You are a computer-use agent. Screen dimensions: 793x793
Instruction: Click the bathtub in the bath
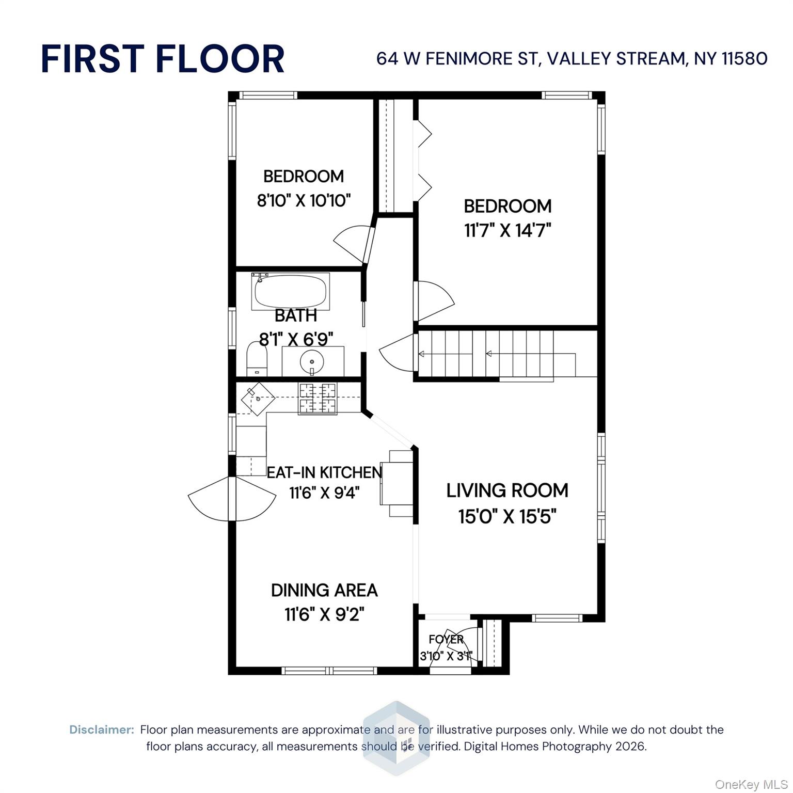(x=290, y=292)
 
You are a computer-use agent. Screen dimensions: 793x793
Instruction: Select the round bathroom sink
(x=312, y=361)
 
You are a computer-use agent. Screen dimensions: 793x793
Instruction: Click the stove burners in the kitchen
(x=318, y=399)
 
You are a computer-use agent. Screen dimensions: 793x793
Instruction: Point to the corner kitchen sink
(x=258, y=399)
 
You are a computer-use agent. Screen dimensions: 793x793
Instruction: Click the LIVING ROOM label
(x=507, y=490)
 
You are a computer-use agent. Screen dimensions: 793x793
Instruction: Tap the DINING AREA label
(x=324, y=590)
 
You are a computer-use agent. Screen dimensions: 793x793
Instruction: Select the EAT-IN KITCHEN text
(x=324, y=472)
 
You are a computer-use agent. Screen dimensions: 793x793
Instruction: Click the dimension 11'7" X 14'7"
(x=507, y=230)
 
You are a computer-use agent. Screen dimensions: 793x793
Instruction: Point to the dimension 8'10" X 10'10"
(x=304, y=200)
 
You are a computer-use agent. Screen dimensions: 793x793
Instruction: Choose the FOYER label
(x=446, y=640)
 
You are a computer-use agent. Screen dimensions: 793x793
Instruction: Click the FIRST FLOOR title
(x=163, y=58)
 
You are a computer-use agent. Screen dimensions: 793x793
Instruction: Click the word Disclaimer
(x=102, y=729)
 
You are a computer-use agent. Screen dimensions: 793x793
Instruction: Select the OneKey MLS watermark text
(x=751, y=785)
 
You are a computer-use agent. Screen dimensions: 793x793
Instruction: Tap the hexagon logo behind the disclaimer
(x=396, y=738)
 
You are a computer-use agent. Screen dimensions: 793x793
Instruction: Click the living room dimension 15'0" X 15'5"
(x=507, y=516)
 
